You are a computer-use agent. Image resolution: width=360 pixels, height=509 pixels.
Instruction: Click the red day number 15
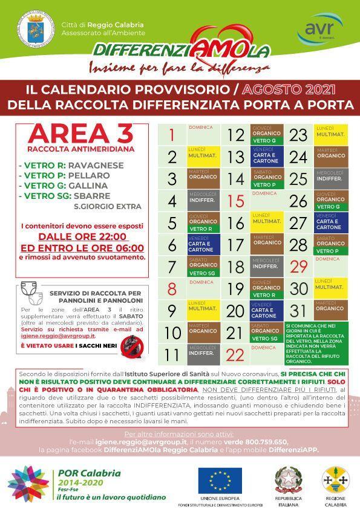(x=235, y=201)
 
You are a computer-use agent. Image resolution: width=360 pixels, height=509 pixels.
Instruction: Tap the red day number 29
(x=299, y=267)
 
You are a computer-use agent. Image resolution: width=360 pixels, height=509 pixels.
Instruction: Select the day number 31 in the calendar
(x=299, y=311)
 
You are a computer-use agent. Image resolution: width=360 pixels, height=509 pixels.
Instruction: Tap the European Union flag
(x=220, y=480)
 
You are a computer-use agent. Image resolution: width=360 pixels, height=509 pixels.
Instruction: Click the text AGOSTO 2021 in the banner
(x=289, y=89)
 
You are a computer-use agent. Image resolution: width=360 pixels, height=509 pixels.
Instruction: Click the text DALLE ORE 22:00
(x=82, y=236)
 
